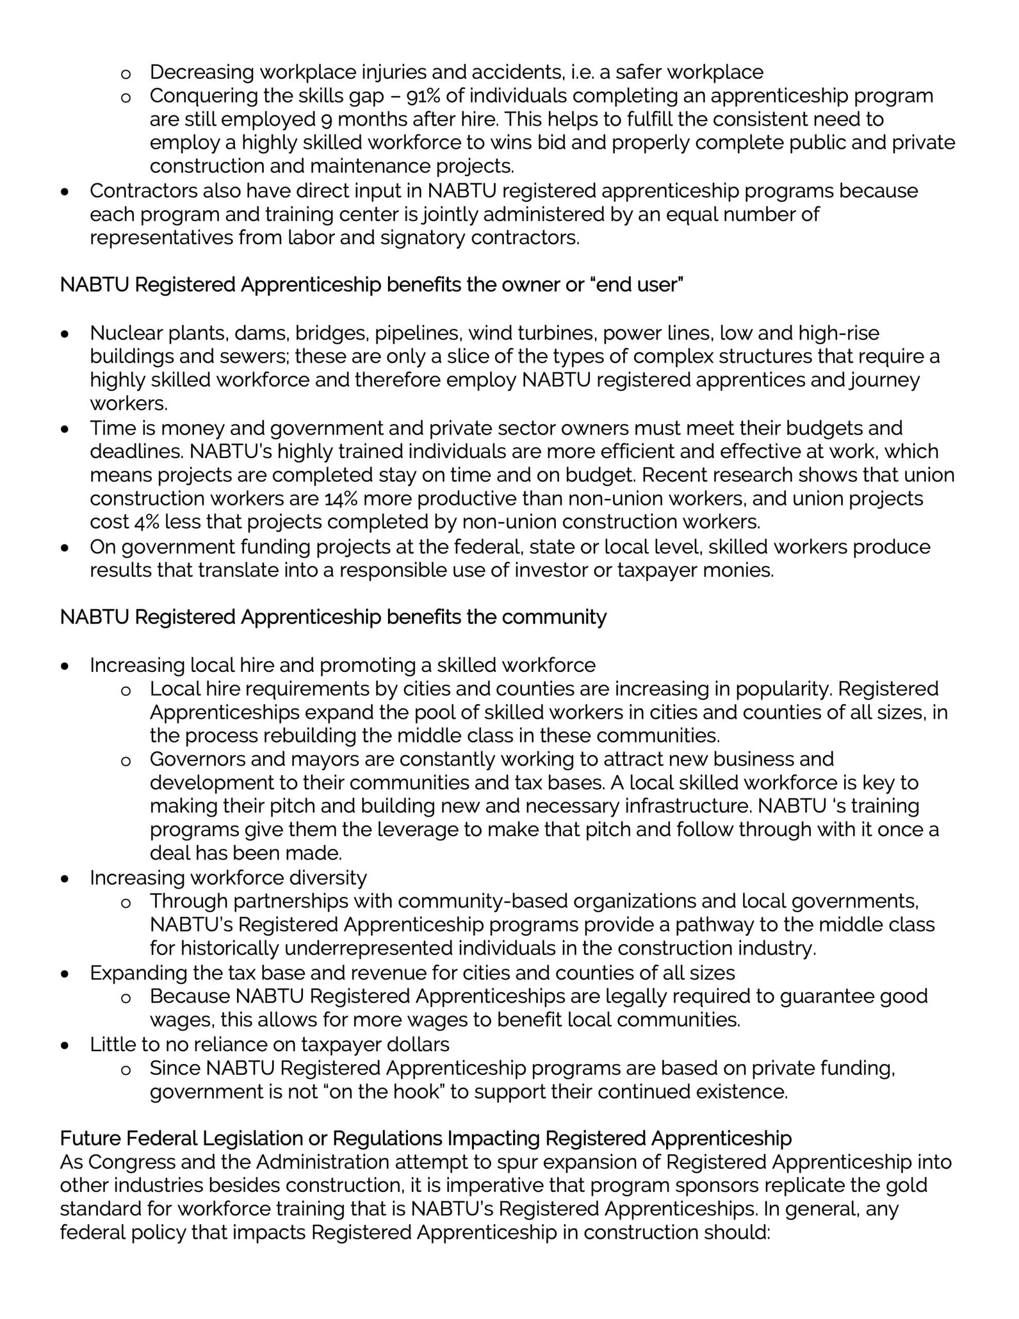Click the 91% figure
click(424, 96)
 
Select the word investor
click(550, 570)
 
